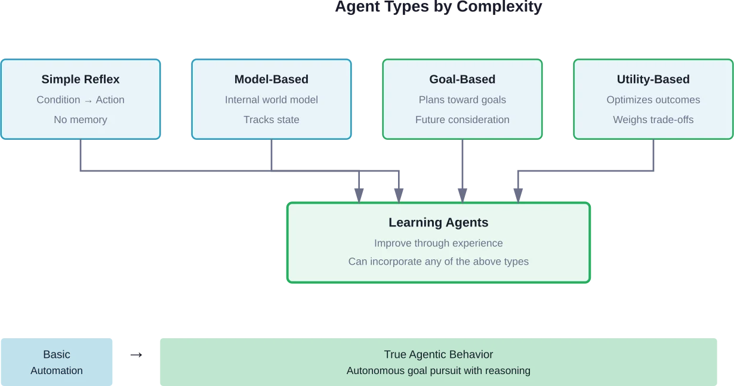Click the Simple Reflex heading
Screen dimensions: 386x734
pyautogui.click(x=81, y=79)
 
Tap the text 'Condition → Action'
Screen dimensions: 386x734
pyautogui.click(x=81, y=100)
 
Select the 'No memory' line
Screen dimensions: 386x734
pyautogui.click(x=81, y=120)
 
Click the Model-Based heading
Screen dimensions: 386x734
pyautogui.click(x=272, y=79)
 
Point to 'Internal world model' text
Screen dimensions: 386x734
pyautogui.click(x=272, y=100)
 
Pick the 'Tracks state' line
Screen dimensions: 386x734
pyautogui.click(x=272, y=120)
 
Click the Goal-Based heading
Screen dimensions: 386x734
pyautogui.click(x=462, y=79)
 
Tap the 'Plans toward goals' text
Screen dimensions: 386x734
pyautogui.click(x=462, y=100)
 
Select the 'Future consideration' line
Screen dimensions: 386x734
pyautogui.click(x=462, y=120)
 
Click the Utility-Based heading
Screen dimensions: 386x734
pyautogui.click(x=653, y=79)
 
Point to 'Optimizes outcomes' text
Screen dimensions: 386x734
pyautogui.click(x=653, y=100)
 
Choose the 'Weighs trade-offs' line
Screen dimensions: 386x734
pyautogui.click(x=653, y=120)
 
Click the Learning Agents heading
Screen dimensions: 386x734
pyautogui.click(x=439, y=223)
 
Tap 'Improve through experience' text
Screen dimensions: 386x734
pyautogui.click(x=439, y=243)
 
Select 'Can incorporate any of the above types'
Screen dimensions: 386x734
pyautogui.click(x=439, y=262)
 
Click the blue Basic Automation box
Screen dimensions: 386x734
pyautogui.click(x=57, y=362)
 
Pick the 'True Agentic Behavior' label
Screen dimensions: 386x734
pyautogui.click(x=439, y=354)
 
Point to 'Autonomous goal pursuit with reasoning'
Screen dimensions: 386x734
pyautogui.click(x=439, y=370)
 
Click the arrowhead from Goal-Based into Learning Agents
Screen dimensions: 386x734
pyautogui.click(x=461, y=194)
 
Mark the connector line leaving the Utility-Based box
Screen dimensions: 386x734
pyautogui.click(x=653, y=155)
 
